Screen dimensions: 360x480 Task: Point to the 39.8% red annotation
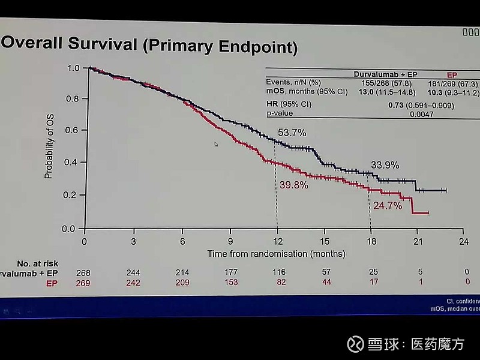(293, 185)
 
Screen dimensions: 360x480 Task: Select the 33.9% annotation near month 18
(384, 164)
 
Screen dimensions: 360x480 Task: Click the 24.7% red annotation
(387, 205)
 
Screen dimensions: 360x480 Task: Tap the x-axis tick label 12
(277, 241)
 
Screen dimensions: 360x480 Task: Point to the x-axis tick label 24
(463, 241)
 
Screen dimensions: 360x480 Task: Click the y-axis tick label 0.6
(70, 130)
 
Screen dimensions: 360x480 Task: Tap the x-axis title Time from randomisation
(277, 254)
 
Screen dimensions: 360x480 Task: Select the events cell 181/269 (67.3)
(455, 83)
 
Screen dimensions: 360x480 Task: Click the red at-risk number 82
(278, 282)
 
